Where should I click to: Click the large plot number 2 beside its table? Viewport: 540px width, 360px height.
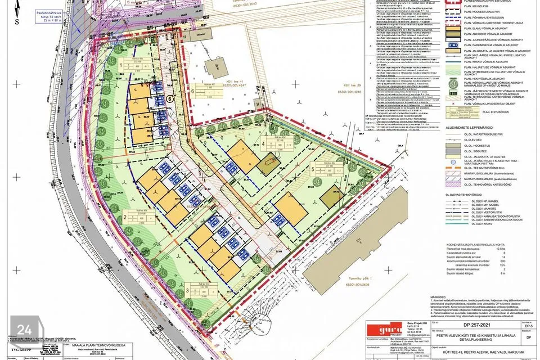click(x=124, y=216)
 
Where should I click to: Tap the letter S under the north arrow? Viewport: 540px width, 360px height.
click(x=17, y=22)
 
